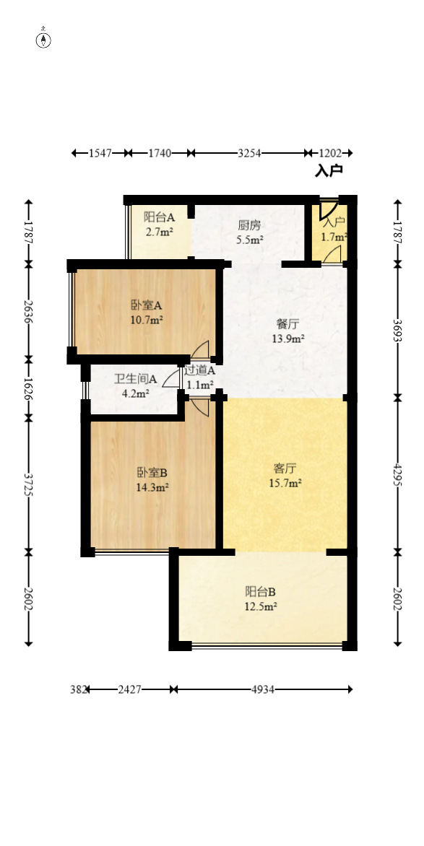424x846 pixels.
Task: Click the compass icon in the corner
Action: tap(44, 38)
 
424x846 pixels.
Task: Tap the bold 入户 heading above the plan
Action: tap(329, 171)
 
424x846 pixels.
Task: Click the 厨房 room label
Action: tap(250, 224)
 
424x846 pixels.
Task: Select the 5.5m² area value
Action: tap(250, 240)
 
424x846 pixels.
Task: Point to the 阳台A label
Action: tap(160, 216)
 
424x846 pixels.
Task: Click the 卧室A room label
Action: tap(146, 305)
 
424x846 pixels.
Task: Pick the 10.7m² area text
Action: tap(146, 320)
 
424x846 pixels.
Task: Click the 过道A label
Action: tap(199, 371)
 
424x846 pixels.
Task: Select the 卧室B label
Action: tap(152, 473)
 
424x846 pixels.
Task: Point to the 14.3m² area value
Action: tap(152, 488)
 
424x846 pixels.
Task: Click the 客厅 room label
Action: tap(285, 468)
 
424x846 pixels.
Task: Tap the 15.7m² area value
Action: tap(285, 484)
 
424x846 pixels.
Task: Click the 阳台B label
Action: tap(261, 592)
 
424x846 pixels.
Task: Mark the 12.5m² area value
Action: tap(261, 607)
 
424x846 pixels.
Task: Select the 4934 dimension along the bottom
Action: tap(263, 689)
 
